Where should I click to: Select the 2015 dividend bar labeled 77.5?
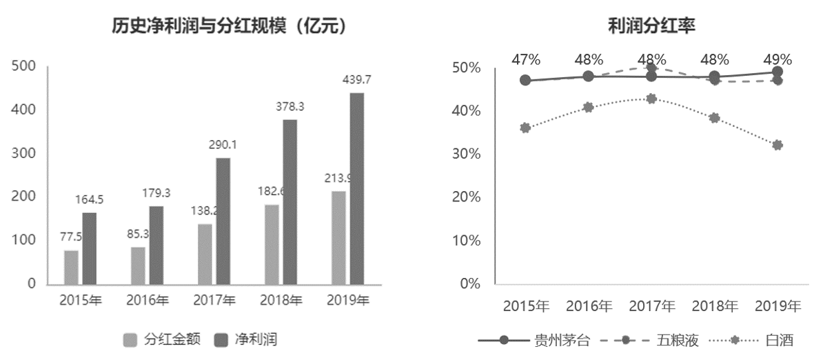[71, 267]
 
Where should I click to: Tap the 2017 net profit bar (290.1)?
[223, 221]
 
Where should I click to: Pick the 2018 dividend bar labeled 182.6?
[272, 244]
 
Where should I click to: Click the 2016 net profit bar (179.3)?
[156, 245]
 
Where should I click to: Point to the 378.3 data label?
[289, 106]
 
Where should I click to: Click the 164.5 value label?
[90, 199]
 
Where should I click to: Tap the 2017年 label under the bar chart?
[214, 301]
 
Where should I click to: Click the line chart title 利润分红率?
[651, 26]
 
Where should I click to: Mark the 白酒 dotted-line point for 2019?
[778, 145]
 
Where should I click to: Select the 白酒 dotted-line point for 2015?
[525, 128]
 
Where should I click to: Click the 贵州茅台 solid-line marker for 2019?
[778, 72]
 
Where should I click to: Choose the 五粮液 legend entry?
[678, 340]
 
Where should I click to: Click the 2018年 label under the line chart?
[715, 306]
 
